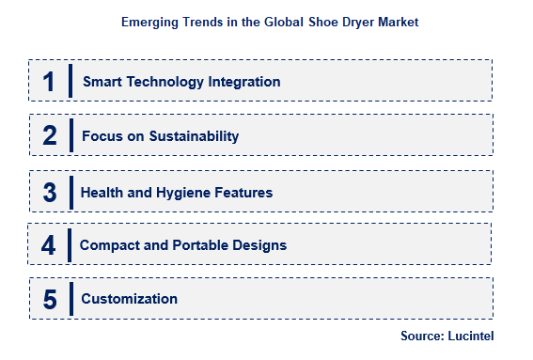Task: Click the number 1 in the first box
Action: [x=49, y=82]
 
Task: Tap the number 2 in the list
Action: [x=50, y=136]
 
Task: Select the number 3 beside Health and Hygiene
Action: [x=50, y=192]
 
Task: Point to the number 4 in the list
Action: [x=50, y=245]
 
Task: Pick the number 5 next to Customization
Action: [x=50, y=300]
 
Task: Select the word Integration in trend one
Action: [x=243, y=82]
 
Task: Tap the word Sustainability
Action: [x=192, y=136]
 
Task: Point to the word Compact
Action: [x=108, y=245]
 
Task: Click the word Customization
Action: [x=129, y=300]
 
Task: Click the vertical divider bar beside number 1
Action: [x=71, y=82]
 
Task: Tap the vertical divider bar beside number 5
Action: [x=71, y=300]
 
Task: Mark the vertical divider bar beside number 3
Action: [x=71, y=192]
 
